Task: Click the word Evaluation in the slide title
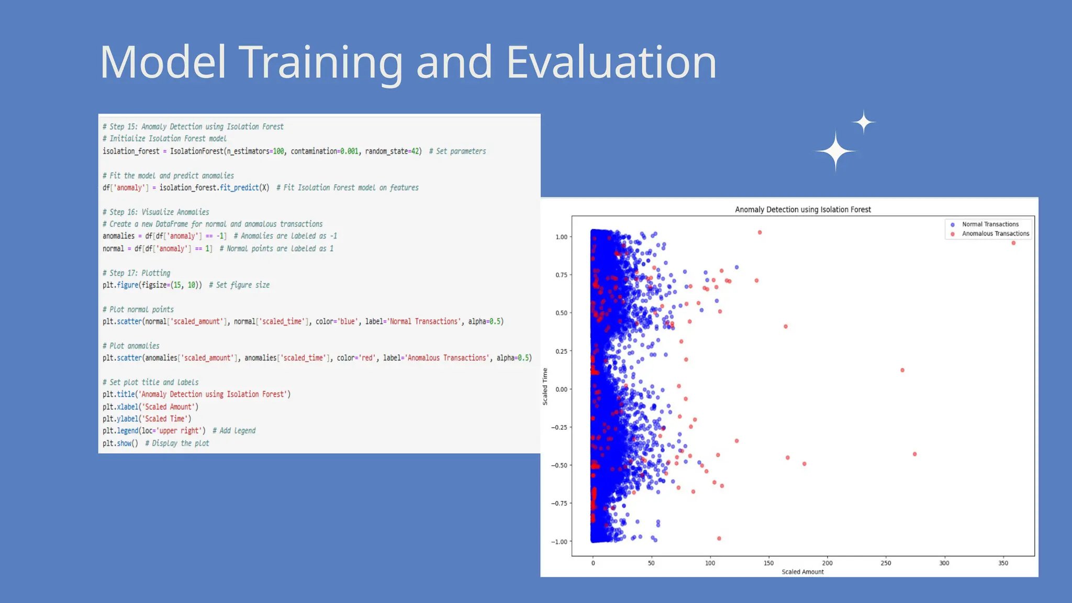(611, 62)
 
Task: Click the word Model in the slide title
(163, 62)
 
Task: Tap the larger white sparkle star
(835, 151)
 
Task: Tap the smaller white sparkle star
(864, 122)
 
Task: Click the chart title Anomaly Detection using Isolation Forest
(802, 209)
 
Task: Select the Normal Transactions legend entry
(990, 224)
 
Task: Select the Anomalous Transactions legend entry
(995, 233)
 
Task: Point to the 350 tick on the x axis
(1003, 563)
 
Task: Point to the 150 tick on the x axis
(768, 563)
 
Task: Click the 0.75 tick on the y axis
(561, 275)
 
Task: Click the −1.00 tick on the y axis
(559, 542)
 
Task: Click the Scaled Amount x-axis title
(802, 572)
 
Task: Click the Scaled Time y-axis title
(545, 386)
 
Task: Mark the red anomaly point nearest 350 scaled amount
(1013, 243)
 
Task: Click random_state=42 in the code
(393, 151)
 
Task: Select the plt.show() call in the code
(120, 443)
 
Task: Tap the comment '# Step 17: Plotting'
(136, 273)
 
